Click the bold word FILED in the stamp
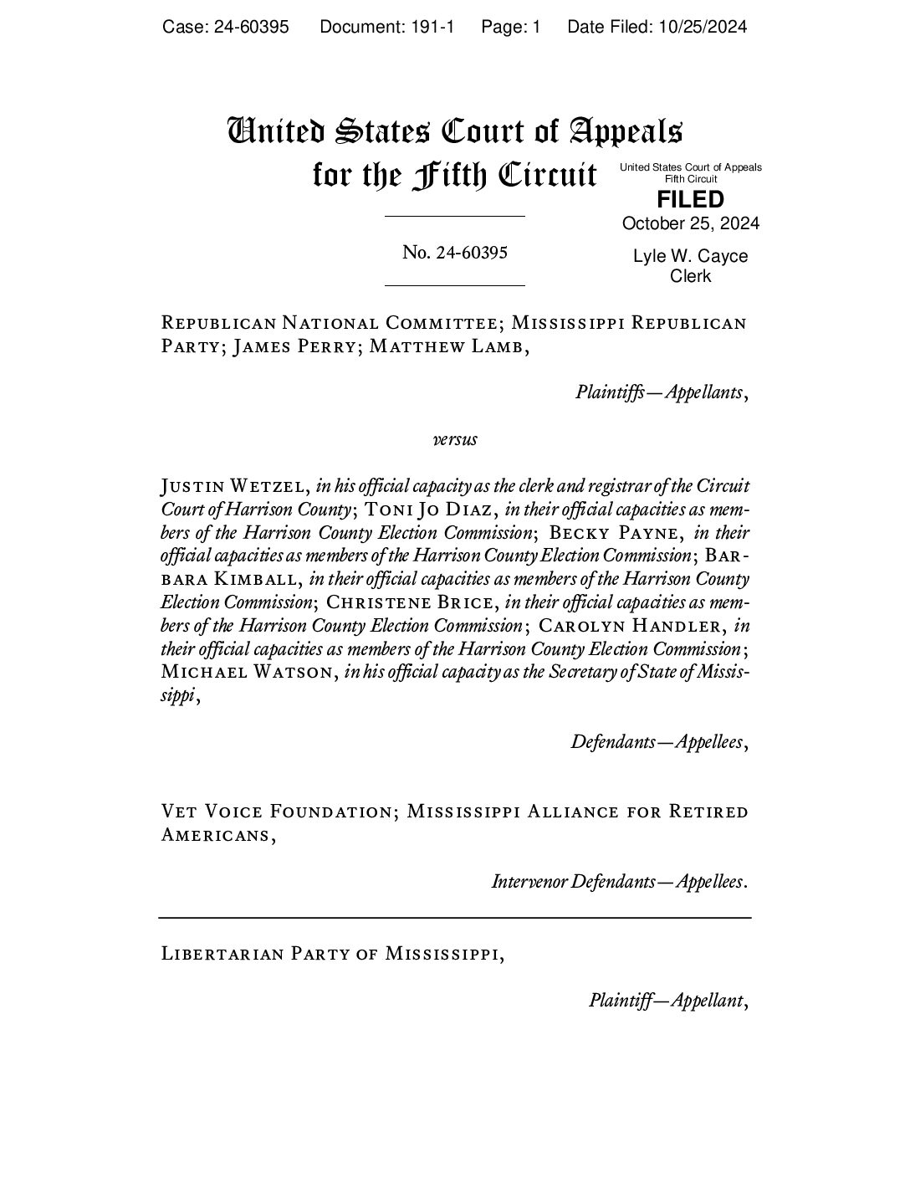pyautogui.click(x=690, y=200)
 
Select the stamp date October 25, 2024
pyautogui.click(x=690, y=223)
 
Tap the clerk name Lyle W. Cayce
pyautogui.click(x=690, y=256)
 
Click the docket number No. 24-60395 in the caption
pyautogui.click(x=454, y=252)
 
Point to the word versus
pyautogui.click(x=455, y=438)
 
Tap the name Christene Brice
pyautogui.click(x=413, y=602)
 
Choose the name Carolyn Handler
pyautogui.click(x=631, y=626)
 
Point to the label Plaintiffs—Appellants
pyautogui.click(x=660, y=392)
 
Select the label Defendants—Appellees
pyautogui.click(x=657, y=741)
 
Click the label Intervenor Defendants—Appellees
pyautogui.click(x=618, y=881)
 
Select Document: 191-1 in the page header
pyautogui.click(x=386, y=27)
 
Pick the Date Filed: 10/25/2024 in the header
pyautogui.click(x=657, y=27)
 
